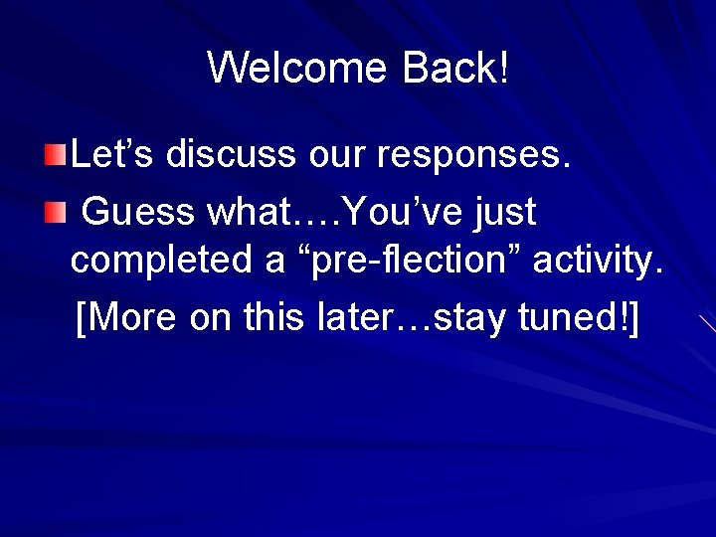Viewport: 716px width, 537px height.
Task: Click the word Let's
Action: click(112, 154)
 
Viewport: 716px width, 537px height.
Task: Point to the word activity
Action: click(598, 261)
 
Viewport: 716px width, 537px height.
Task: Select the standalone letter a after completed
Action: click(274, 263)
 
